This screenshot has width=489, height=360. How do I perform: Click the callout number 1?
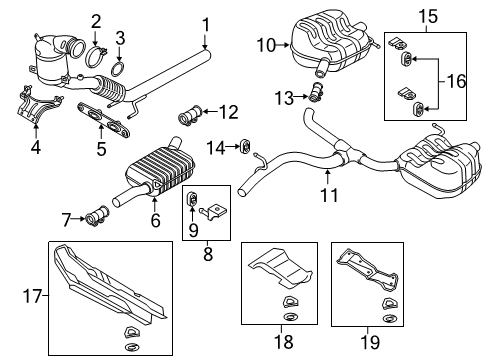click(206, 25)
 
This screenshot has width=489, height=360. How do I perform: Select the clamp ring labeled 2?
click(96, 57)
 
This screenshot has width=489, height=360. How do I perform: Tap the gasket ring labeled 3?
click(117, 69)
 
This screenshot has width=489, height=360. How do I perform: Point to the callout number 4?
click(36, 147)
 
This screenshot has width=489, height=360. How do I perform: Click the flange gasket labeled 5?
click(103, 120)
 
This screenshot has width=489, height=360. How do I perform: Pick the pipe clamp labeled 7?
click(98, 215)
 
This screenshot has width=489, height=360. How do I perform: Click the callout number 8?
click(208, 254)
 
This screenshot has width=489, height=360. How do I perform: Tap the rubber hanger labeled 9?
click(192, 199)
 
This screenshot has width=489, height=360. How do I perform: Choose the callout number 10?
click(266, 45)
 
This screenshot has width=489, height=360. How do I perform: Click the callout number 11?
click(329, 195)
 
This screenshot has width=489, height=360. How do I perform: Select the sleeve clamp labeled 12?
click(190, 116)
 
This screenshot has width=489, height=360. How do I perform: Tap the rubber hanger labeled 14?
click(246, 147)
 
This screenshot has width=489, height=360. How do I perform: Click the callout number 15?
click(428, 16)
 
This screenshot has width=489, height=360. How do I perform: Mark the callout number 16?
click(456, 81)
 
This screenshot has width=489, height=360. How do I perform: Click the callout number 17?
click(32, 296)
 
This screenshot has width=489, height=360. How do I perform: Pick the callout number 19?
click(370, 342)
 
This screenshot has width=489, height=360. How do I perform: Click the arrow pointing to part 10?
click(283, 45)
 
